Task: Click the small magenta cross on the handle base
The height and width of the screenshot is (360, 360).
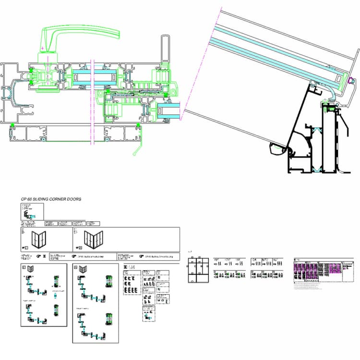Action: pos(43,48)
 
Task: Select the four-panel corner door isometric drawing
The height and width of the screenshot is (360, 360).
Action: pos(94,238)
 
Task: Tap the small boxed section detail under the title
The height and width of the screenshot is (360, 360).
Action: pos(32,211)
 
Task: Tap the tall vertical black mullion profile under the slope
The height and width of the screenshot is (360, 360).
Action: pos(330,139)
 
